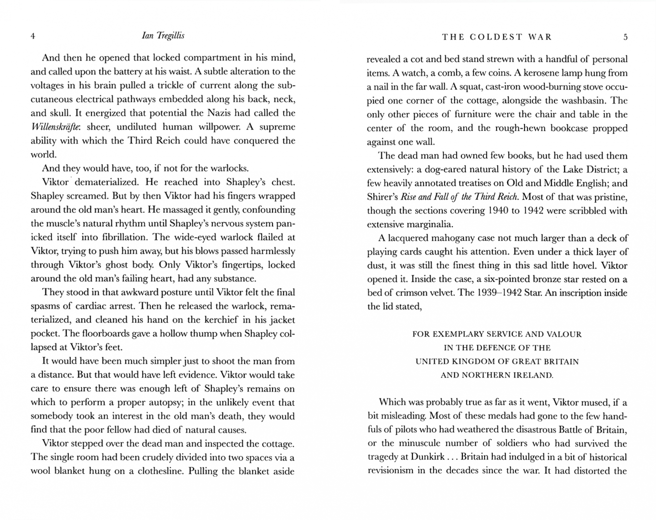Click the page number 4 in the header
click(x=33, y=36)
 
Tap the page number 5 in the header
click(x=625, y=37)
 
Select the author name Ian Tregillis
click(x=163, y=36)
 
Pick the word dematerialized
click(x=106, y=182)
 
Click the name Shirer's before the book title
click(x=382, y=197)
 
